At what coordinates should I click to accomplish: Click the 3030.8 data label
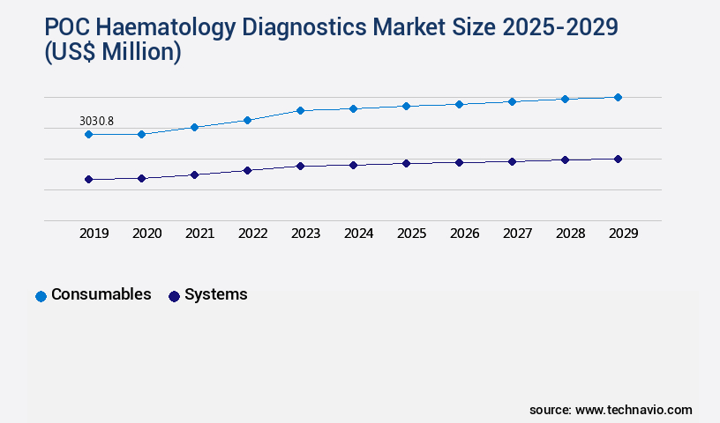97,121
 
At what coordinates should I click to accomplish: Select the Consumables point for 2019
88,134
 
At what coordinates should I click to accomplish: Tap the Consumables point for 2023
300,110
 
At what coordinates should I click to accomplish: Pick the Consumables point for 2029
618,97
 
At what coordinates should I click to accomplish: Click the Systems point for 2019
88,179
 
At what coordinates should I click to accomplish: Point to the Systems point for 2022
247,170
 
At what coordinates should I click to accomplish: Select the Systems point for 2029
618,159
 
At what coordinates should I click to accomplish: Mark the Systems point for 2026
459,162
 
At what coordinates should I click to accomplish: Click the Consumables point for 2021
194,127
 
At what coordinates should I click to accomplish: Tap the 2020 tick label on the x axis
146,234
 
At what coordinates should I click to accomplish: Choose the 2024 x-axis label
358,234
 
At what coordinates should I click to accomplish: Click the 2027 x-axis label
517,234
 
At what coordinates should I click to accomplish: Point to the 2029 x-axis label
623,234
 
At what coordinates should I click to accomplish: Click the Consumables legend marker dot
41,296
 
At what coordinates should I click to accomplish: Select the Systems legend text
215,294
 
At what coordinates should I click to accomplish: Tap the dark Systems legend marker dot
174,296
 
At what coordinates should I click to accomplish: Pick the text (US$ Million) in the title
112,53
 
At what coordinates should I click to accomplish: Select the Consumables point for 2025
406,106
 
